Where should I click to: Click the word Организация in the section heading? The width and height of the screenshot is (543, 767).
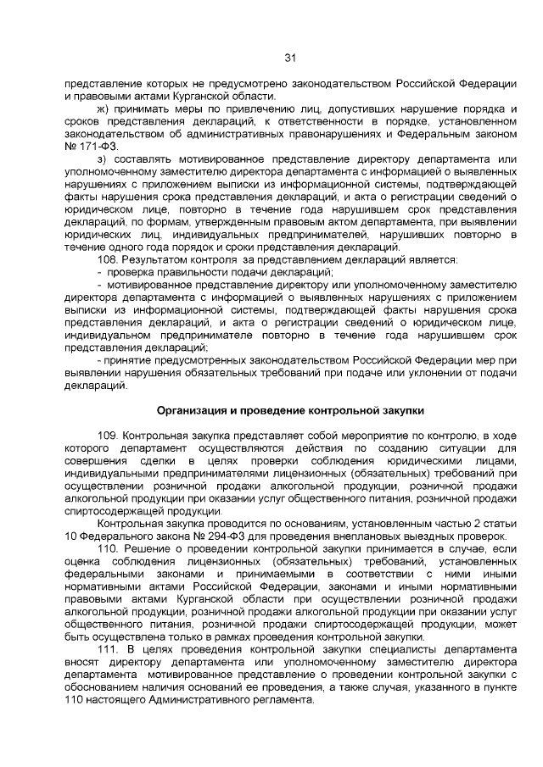pyautogui.click(x=194, y=409)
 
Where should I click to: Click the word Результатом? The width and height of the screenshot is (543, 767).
pyautogui.click(x=155, y=258)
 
